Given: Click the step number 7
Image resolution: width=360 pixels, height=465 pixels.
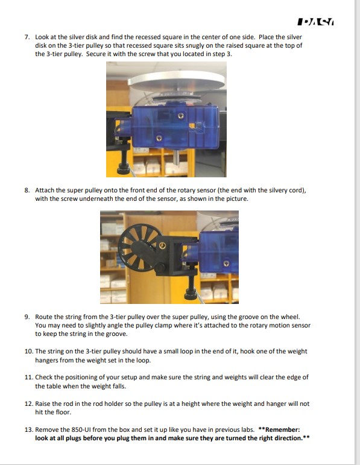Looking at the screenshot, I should (27, 37).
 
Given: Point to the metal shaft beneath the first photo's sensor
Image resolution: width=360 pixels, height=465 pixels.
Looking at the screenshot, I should (176, 158).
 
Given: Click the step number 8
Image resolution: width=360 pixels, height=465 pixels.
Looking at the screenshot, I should (27, 189).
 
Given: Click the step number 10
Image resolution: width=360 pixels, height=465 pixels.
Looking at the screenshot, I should (28, 351).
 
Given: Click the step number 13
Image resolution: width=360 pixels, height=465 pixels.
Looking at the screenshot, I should (28, 429).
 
